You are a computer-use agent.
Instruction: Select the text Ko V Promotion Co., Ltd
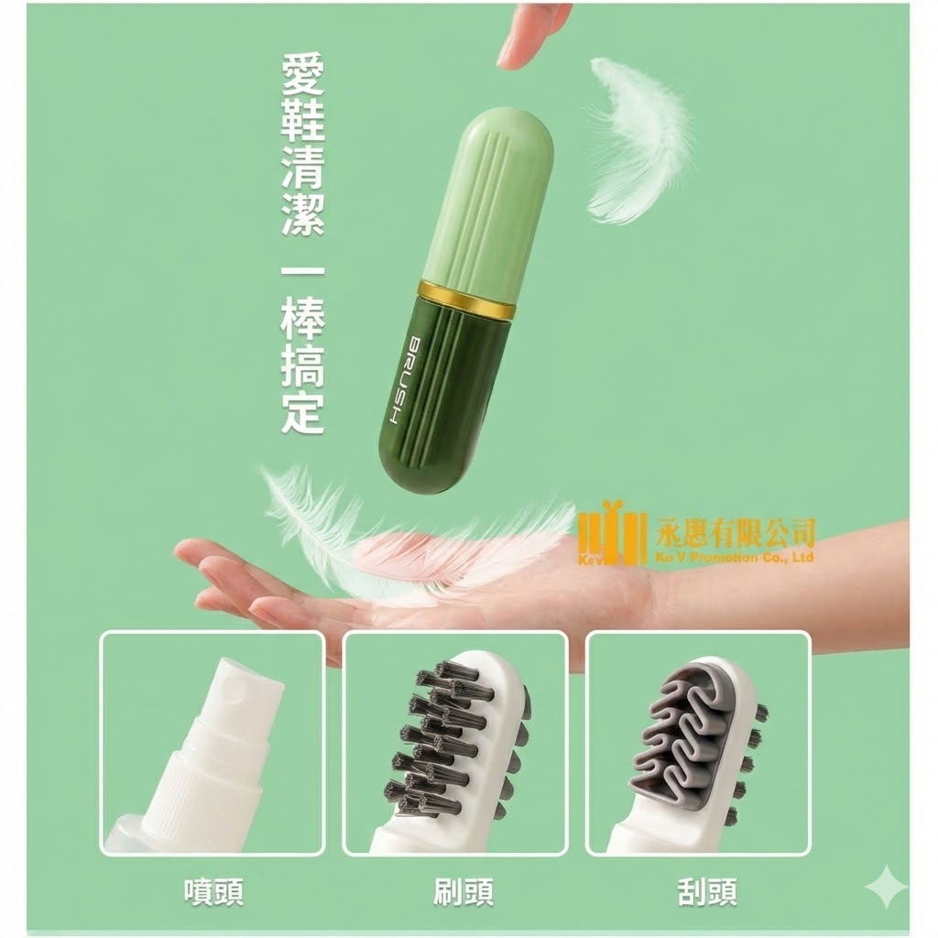coord(735,558)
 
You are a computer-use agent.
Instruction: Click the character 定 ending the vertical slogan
coord(302,413)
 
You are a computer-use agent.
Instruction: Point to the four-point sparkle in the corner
coord(886,887)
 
